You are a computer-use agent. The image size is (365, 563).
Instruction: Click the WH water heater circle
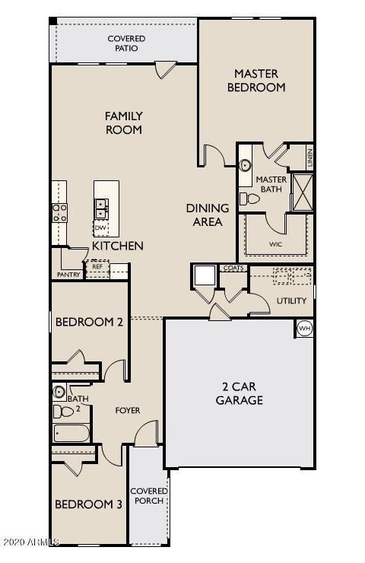(304, 328)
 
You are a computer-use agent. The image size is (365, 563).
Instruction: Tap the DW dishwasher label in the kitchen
(100, 227)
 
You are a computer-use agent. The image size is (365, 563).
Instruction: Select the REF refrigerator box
(97, 267)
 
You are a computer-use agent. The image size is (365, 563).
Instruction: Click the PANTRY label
(68, 275)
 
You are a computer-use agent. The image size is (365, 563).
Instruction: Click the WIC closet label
(275, 246)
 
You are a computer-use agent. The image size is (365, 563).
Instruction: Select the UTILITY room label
(291, 301)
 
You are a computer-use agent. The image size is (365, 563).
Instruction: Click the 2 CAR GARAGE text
(239, 393)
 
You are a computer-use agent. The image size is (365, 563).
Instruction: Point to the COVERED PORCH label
(148, 495)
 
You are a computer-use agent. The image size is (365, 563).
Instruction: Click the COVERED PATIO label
(126, 43)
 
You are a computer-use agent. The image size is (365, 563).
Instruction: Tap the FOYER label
(127, 410)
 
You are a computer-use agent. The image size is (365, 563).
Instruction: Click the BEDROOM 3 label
(88, 504)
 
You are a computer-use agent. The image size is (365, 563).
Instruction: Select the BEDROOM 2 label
(89, 322)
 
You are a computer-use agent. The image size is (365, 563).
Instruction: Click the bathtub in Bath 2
(72, 434)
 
